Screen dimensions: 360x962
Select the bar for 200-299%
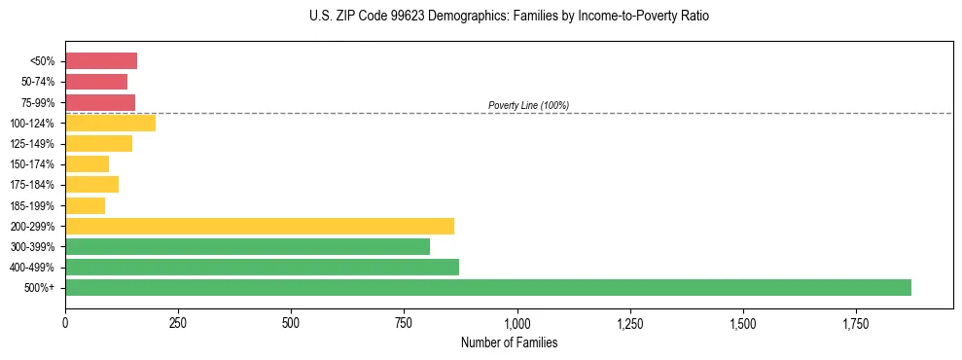(260, 226)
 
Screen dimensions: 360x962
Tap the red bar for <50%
(101, 61)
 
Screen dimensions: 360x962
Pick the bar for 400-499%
(263, 267)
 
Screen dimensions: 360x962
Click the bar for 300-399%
(248, 246)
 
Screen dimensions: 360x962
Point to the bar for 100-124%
(111, 123)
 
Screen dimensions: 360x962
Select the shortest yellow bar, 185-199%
(86, 205)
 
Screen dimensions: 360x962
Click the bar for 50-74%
(96, 82)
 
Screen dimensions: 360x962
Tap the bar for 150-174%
(88, 164)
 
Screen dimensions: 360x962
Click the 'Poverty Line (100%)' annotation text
(528, 105)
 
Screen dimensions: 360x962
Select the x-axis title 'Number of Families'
(510, 342)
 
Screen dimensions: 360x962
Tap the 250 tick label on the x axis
(178, 322)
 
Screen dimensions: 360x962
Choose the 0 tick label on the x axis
(65, 322)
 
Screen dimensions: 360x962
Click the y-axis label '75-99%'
(37, 102)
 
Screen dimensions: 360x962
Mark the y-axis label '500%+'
(39, 288)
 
